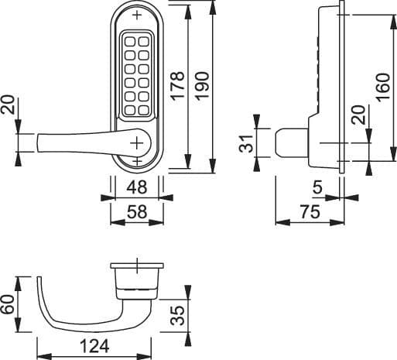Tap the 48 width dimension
(x=138, y=187)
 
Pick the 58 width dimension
(x=138, y=211)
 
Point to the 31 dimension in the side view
(x=246, y=143)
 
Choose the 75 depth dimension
(x=310, y=211)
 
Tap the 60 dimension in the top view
(x=9, y=303)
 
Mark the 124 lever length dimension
(x=93, y=345)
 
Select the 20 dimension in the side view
(x=357, y=115)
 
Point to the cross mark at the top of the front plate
(x=138, y=15)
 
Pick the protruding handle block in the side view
(x=289, y=143)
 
